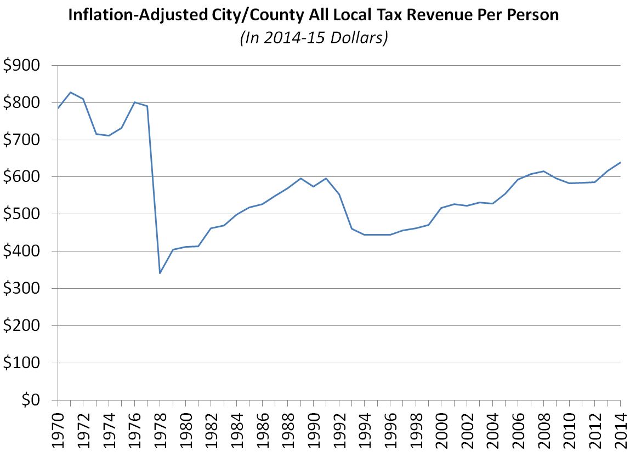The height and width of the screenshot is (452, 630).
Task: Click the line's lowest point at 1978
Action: [x=160, y=273]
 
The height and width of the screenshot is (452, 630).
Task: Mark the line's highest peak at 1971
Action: [x=71, y=93]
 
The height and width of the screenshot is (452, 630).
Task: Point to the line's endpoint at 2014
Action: [x=620, y=162]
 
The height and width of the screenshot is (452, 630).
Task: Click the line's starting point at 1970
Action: [x=58, y=108]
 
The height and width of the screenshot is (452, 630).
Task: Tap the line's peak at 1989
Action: [x=301, y=178]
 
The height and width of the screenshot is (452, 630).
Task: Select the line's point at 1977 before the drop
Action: [x=147, y=106]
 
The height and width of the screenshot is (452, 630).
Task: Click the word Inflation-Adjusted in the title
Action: [x=125, y=15]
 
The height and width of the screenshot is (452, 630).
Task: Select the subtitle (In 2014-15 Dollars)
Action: [x=314, y=39]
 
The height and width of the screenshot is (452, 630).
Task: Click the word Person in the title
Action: [x=532, y=15]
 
